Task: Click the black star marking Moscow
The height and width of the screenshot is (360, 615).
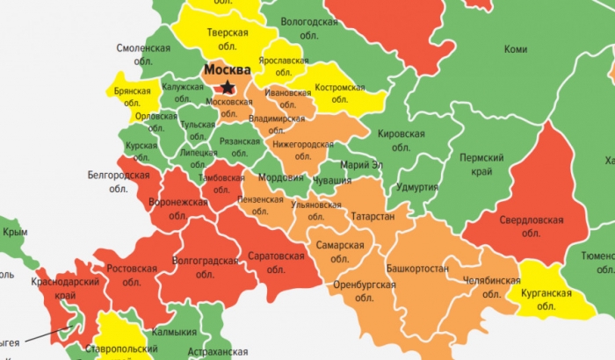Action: (228, 87)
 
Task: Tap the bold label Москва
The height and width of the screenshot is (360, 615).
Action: (227, 68)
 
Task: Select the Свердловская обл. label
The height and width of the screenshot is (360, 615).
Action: (531, 226)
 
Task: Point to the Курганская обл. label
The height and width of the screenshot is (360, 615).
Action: (546, 299)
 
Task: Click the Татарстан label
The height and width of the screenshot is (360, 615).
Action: (373, 216)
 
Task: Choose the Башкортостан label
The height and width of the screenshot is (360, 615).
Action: (417, 268)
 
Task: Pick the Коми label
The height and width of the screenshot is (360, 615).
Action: (516, 50)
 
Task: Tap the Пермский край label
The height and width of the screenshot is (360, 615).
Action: (481, 164)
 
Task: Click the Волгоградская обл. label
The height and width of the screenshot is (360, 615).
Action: (206, 267)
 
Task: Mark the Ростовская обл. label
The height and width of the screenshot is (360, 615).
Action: (132, 275)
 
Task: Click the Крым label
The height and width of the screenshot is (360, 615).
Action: (16, 233)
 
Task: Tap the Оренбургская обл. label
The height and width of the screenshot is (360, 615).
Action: (365, 292)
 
